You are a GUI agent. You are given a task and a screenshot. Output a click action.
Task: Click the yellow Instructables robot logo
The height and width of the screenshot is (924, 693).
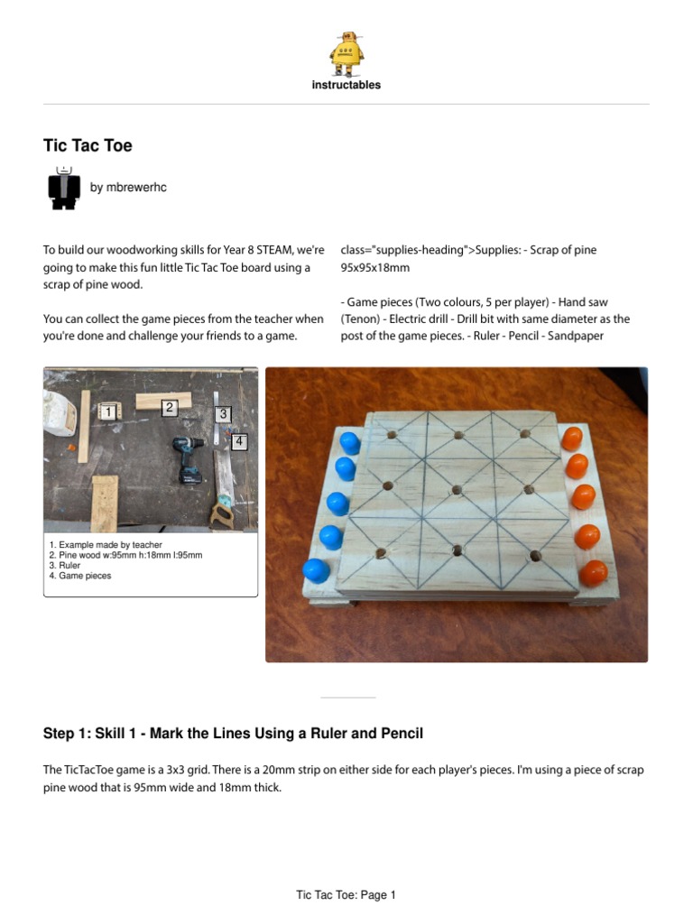point(346,53)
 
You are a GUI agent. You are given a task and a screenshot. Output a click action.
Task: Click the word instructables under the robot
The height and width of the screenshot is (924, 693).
point(346,85)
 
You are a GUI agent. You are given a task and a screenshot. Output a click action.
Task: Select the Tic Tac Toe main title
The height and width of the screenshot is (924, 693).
point(88,145)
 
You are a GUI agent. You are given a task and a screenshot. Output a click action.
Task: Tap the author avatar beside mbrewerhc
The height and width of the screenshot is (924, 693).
point(64,188)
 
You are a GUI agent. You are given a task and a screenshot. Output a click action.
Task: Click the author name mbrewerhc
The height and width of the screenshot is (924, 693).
point(128,188)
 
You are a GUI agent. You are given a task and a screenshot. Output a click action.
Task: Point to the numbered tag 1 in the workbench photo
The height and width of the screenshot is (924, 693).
point(108,411)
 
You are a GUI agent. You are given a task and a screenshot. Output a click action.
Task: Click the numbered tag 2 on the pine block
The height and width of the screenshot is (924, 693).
point(170,407)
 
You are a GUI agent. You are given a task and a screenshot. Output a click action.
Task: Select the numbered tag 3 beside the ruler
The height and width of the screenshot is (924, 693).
point(224,414)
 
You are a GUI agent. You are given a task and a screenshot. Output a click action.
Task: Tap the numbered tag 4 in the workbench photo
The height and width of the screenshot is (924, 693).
point(239,441)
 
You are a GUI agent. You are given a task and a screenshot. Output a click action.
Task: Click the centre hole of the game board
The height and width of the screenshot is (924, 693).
point(457,490)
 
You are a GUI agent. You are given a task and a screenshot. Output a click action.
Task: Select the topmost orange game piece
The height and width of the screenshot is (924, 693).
point(571,439)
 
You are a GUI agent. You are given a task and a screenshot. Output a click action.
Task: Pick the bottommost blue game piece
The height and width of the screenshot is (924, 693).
point(317,571)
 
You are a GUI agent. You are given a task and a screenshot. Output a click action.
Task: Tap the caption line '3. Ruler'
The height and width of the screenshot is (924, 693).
point(65,565)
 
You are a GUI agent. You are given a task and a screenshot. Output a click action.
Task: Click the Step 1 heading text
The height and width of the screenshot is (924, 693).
point(234,734)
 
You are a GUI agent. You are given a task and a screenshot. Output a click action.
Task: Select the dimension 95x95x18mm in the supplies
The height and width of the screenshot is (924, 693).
point(374,267)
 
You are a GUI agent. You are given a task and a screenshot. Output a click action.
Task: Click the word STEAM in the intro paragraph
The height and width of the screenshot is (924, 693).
point(274,250)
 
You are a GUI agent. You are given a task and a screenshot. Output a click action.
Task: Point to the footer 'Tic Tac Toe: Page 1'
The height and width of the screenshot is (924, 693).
point(346,895)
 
